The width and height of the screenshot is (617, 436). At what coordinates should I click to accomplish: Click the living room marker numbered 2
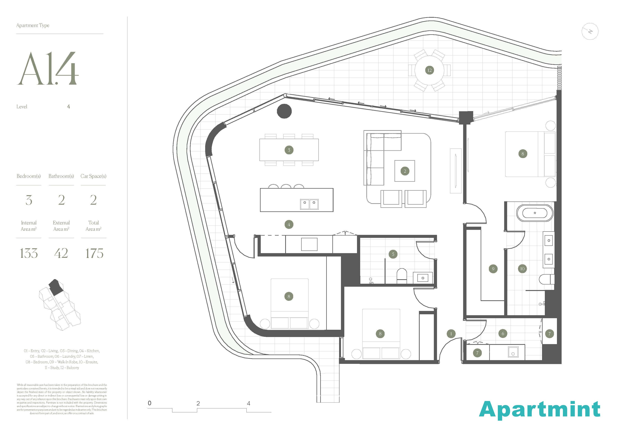[x=405, y=171]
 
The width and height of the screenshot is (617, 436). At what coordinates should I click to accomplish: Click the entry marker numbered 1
[x=451, y=334]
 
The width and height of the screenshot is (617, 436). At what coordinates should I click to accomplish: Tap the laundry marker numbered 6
[x=503, y=334]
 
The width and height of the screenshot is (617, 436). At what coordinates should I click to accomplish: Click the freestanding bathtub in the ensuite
[x=535, y=213]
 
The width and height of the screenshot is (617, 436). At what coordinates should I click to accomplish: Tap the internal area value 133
[x=29, y=253]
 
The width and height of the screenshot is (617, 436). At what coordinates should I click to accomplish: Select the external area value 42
[x=61, y=253]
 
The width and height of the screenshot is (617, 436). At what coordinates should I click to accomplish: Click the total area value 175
[x=94, y=253]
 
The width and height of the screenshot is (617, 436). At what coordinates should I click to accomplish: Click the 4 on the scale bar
[x=249, y=403]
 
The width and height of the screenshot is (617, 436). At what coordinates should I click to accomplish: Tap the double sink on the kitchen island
[x=309, y=204]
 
